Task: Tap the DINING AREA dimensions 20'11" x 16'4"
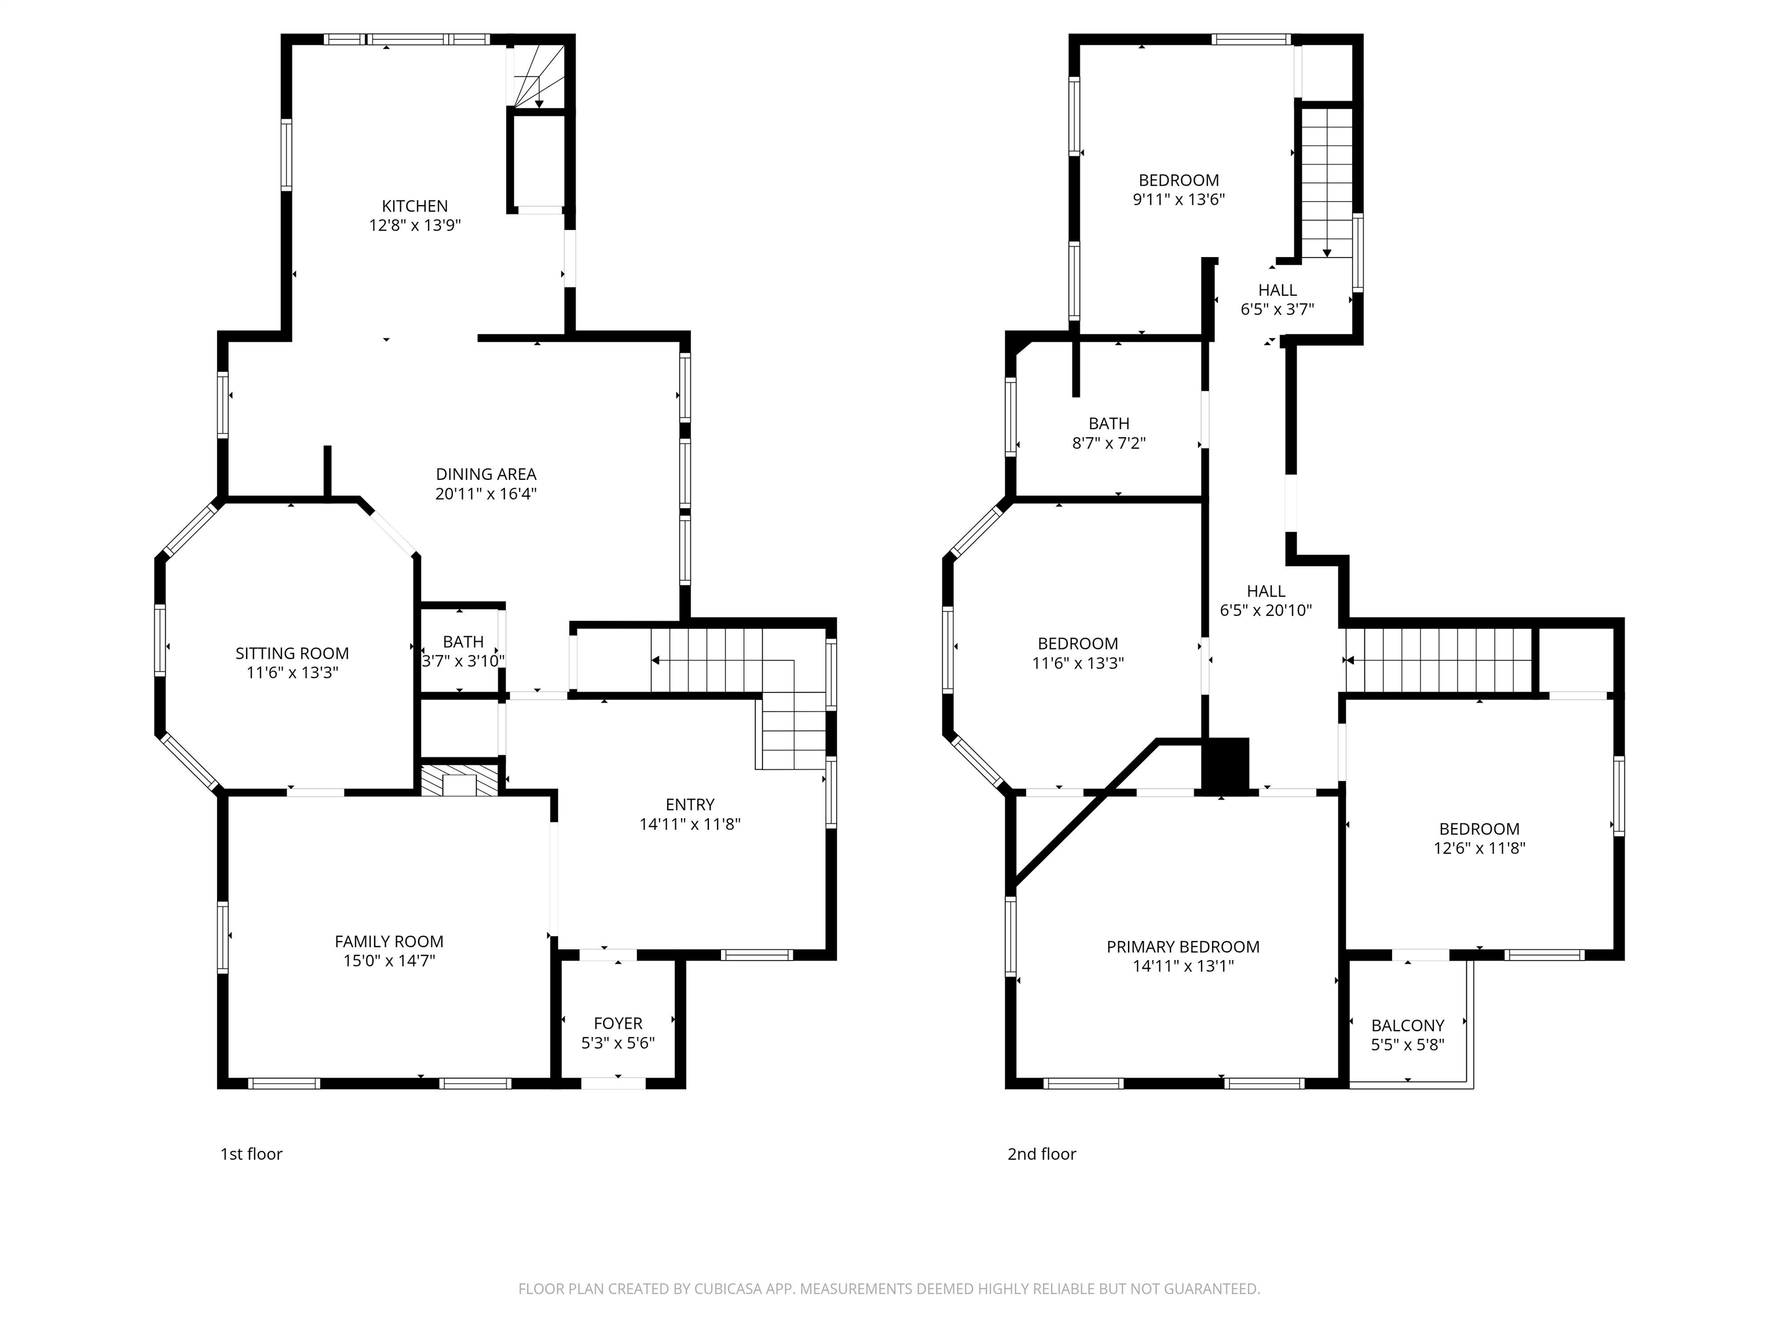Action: click(486, 494)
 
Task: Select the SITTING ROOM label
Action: click(292, 654)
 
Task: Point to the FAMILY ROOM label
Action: click(389, 941)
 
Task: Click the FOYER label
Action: click(618, 1024)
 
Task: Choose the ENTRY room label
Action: click(689, 805)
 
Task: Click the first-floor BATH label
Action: click(463, 642)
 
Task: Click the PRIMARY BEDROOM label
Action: click(1183, 947)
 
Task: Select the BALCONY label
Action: click(1407, 1026)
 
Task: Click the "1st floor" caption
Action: click(251, 1154)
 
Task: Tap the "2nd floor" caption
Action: click(1041, 1154)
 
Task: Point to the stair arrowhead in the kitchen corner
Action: click(539, 104)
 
